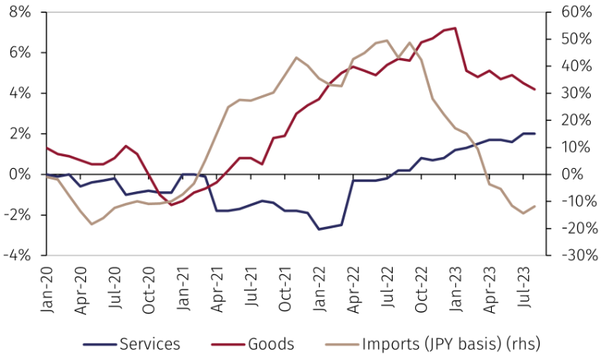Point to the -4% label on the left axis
(17, 255)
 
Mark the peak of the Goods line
(455, 29)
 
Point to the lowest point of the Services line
(319, 229)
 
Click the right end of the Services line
(534, 134)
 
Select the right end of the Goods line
(534, 90)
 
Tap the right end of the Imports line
(534, 206)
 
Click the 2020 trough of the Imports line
(92, 225)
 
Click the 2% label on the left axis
(19, 134)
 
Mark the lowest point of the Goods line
(171, 204)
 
